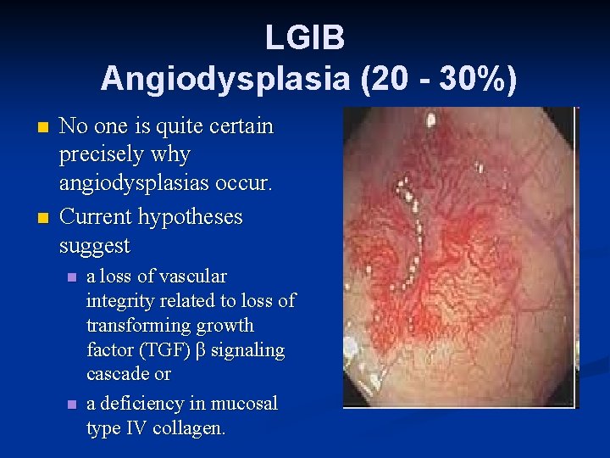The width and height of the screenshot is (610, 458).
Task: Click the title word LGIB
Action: coord(304,37)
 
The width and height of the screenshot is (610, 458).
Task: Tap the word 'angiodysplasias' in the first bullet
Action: coord(141,186)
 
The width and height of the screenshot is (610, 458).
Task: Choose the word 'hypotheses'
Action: coord(193,217)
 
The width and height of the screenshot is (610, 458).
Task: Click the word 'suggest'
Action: coord(94,247)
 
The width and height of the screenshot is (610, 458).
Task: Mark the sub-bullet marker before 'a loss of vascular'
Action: coord(72,277)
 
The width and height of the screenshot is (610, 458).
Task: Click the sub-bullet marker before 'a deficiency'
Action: coord(72,405)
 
